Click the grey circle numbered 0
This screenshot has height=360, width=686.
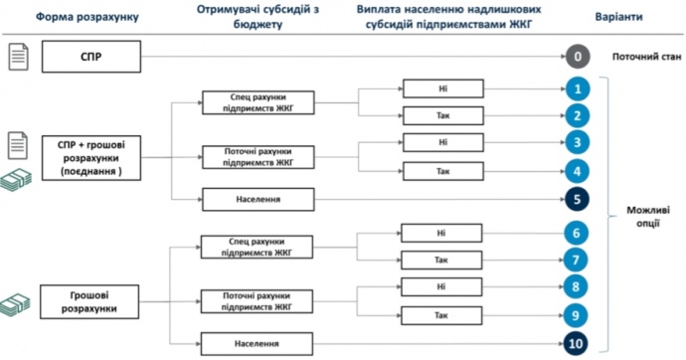(578, 57)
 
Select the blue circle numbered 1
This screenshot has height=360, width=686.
(578, 90)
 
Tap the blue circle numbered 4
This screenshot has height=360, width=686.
(578, 171)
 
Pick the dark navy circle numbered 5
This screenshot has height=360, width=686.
(578, 200)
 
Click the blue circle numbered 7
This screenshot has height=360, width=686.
(576, 261)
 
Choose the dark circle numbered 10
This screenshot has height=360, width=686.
(576, 344)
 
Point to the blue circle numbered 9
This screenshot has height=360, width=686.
(576, 315)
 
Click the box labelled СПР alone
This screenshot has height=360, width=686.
(91, 57)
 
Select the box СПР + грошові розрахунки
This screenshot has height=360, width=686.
(91, 158)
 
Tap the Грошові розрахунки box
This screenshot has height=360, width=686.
(89, 301)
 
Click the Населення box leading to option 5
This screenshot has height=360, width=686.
(258, 200)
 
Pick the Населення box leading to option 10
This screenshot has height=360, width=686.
(257, 344)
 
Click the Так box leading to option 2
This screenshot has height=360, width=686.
(443, 116)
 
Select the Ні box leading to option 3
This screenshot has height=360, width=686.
(443, 142)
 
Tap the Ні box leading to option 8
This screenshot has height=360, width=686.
(441, 287)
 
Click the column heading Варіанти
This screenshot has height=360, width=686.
(618, 17)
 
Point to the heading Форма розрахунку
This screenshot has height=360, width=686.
(87, 17)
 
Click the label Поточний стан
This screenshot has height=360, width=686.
(646, 57)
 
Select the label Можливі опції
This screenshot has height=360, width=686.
(648, 217)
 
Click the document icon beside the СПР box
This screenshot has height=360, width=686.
(18, 57)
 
